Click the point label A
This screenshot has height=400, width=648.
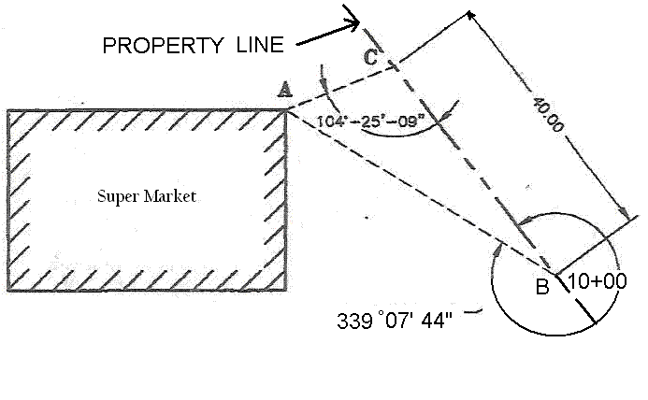coord(285,90)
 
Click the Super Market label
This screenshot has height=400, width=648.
coord(149,196)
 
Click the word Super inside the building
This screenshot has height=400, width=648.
coord(116,196)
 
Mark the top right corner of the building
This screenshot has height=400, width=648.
coord(287,110)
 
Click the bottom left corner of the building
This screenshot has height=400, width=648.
coord(8,287)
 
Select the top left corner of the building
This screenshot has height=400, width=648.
coord(8,110)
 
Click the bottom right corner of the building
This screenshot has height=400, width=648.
coord(287,287)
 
